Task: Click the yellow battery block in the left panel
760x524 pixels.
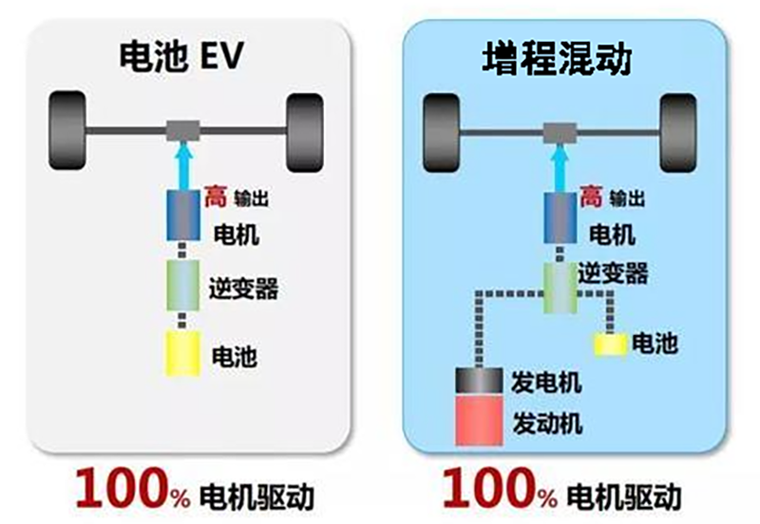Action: [182, 353]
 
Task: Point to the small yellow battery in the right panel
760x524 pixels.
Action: [611, 342]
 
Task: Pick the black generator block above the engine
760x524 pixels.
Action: [484, 382]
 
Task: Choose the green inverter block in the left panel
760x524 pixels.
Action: [182, 285]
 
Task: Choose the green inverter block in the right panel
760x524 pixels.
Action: [560, 285]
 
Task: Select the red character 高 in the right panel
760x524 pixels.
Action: [591, 197]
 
